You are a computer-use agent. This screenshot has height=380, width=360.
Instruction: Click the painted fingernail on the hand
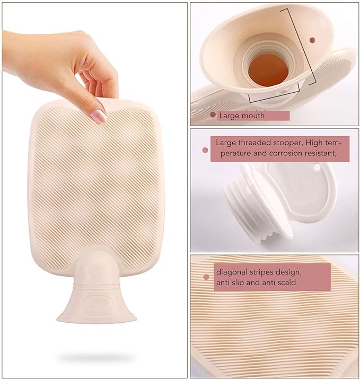[x=99, y=116]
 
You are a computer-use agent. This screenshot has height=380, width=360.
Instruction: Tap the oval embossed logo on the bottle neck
[x=98, y=302]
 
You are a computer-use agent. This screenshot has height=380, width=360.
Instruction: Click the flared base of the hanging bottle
[x=96, y=308]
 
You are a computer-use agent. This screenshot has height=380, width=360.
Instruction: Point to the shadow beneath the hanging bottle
[x=96, y=357]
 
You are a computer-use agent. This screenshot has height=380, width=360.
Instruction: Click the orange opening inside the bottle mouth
[x=268, y=70]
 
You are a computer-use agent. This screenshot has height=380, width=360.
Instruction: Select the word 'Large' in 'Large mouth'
[x=229, y=116]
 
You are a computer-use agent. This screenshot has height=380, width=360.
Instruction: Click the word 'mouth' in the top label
[x=252, y=116]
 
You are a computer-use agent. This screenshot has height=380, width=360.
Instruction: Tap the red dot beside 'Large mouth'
[x=213, y=114]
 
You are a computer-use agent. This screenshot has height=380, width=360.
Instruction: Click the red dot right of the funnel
[x=312, y=40]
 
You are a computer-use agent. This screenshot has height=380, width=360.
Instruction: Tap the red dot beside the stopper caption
[x=205, y=151]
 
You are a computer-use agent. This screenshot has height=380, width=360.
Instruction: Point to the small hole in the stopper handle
[x=317, y=167]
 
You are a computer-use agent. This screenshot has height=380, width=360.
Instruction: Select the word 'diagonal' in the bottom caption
[x=232, y=272]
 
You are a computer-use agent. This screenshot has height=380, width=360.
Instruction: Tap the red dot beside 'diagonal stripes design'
[x=206, y=277]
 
